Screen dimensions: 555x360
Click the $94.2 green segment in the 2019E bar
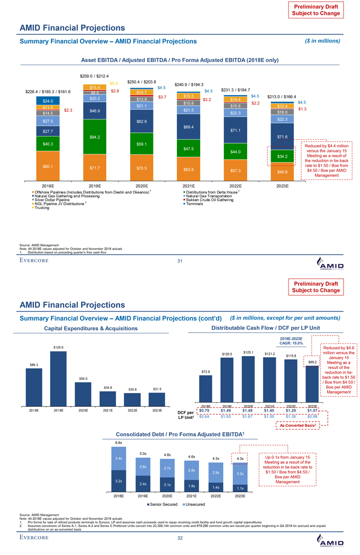point(95,138)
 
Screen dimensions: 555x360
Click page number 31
point(180,260)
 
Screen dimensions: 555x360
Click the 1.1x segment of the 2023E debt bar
point(240,487)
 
